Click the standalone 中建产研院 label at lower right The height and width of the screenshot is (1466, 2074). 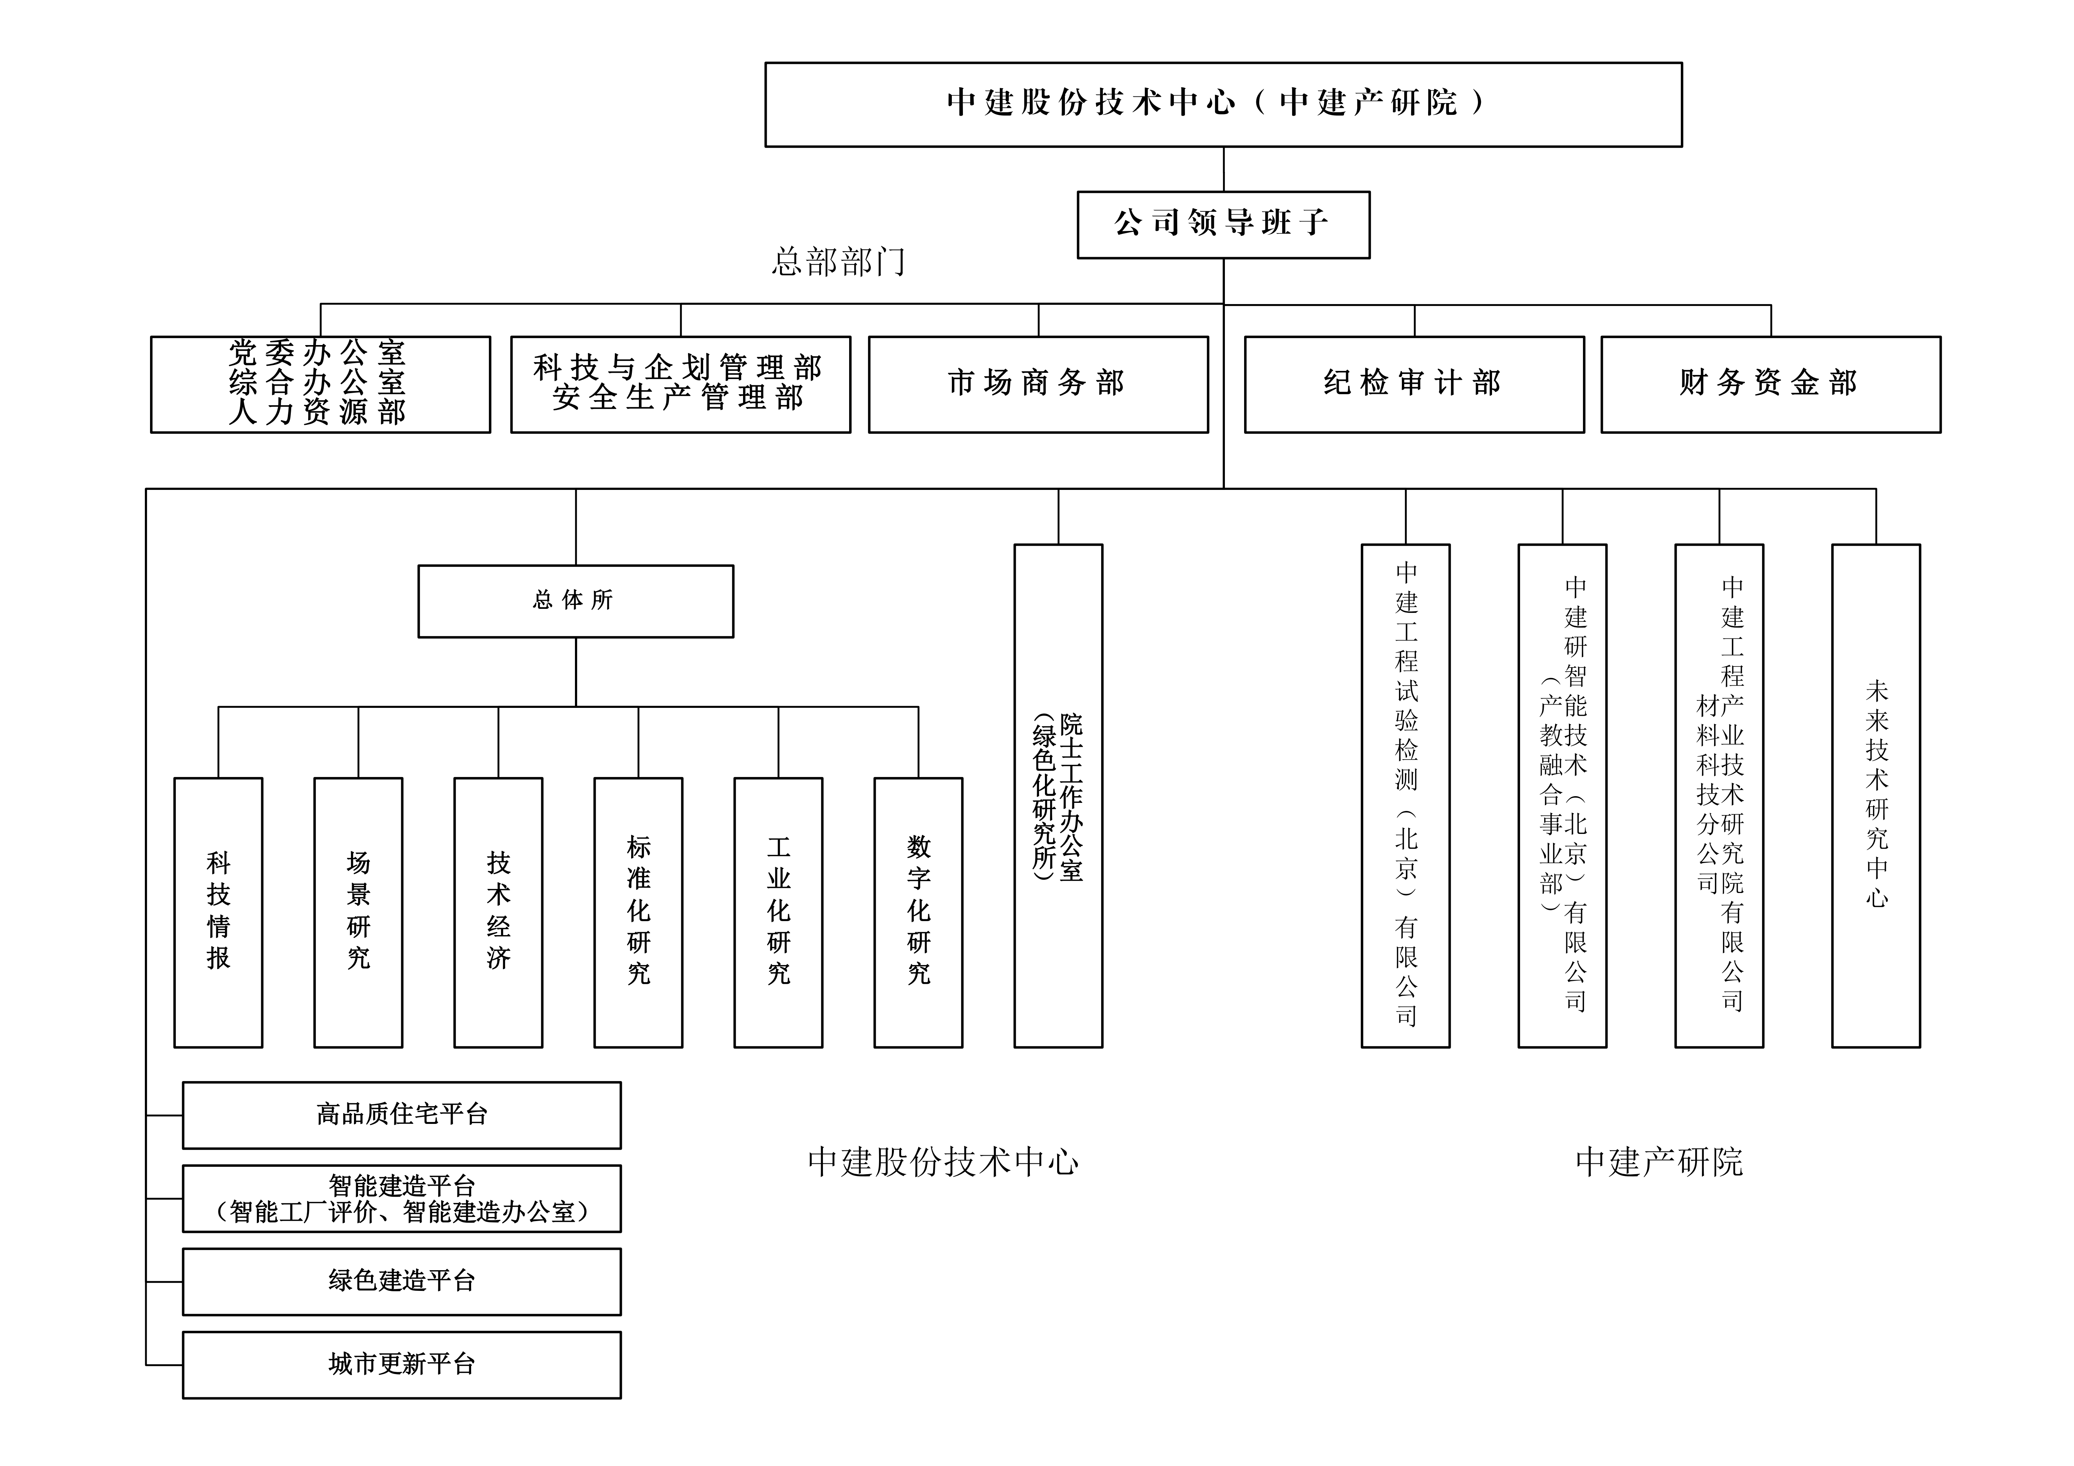(1658, 1163)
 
